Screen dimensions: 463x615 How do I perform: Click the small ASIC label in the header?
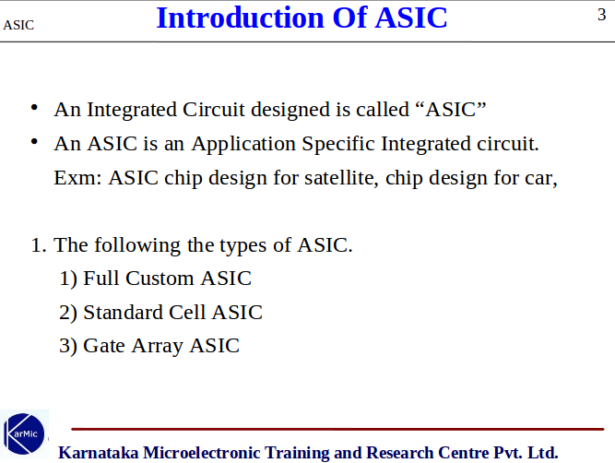[x=18, y=25]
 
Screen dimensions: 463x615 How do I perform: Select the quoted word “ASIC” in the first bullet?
[x=451, y=110]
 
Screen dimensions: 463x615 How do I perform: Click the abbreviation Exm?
[x=78, y=177]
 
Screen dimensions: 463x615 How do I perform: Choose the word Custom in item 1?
[x=162, y=279]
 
